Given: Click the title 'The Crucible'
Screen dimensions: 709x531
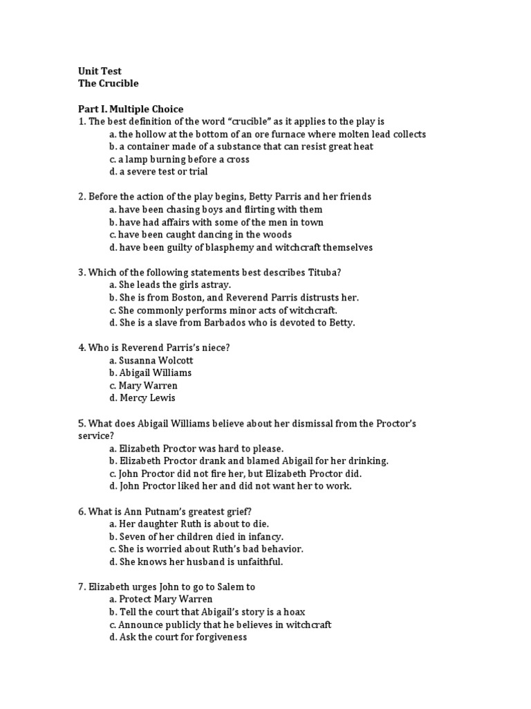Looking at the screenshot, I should coord(108,83).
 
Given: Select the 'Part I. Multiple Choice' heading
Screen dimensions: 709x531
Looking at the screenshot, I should coord(131,109).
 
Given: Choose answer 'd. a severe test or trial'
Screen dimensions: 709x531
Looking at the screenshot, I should coord(158,172).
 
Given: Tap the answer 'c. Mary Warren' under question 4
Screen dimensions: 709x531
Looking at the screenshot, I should coord(143,386).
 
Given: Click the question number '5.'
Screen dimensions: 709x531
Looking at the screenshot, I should coord(82,423).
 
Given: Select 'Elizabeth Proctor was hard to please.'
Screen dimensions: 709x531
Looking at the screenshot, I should coord(201,449).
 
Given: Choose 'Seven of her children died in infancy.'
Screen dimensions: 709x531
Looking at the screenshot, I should coord(201,537).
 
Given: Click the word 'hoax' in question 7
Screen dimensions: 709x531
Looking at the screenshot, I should coord(294,612).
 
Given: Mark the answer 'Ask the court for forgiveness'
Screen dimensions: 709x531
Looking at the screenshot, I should coord(183,637).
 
